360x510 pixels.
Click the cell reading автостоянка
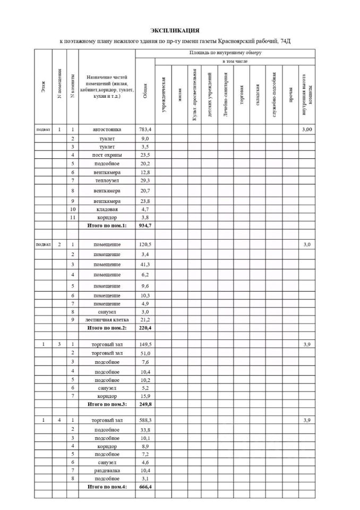[107, 129]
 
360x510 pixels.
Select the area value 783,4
[144, 129]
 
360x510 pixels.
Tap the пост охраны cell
[107, 155]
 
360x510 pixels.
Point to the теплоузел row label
[107, 181]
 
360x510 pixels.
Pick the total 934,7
[144, 226]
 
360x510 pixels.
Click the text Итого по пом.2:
[107, 328]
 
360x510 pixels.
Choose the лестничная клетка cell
[107, 320]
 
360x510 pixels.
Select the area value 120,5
[144, 244]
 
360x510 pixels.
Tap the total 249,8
[144, 404]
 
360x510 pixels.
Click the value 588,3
[144, 420]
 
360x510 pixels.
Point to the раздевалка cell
[107, 471]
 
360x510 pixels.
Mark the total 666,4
[144, 487]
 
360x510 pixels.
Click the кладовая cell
[107, 209]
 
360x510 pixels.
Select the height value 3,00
[307, 129]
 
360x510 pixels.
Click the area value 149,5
[144, 345]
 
